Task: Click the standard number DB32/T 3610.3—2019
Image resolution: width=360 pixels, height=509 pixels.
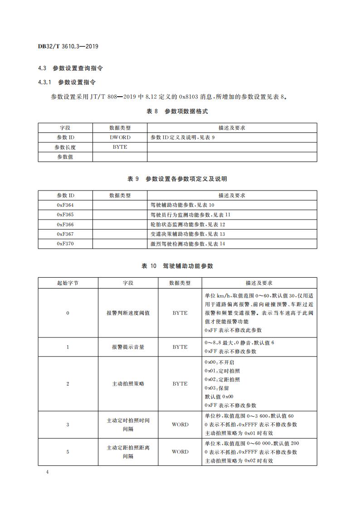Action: point(68,46)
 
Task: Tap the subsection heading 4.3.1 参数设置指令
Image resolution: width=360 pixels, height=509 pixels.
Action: point(67,82)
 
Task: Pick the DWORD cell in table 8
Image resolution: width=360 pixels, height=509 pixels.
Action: point(120,137)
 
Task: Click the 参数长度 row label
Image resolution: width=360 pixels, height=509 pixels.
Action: point(65,147)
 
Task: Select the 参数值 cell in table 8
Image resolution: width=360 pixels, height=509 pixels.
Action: point(65,157)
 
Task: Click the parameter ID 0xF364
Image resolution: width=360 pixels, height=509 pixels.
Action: point(65,205)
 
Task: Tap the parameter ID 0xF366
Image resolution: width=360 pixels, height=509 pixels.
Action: point(65,225)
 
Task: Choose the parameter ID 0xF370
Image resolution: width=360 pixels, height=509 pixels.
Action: point(65,244)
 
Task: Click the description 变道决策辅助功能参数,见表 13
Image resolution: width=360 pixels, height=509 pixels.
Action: point(188,234)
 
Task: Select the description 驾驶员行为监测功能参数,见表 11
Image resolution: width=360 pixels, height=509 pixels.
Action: point(190,215)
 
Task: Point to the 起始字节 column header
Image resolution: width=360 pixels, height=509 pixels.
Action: point(68,283)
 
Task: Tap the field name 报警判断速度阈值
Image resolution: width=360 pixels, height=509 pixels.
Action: point(128,313)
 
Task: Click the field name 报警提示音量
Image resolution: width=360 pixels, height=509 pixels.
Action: point(128,347)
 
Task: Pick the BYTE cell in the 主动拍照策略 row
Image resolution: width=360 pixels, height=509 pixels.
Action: point(180,384)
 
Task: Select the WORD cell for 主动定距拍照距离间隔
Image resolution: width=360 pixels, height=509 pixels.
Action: point(180,452)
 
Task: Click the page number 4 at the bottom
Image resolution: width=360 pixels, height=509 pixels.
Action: point(47,472)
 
